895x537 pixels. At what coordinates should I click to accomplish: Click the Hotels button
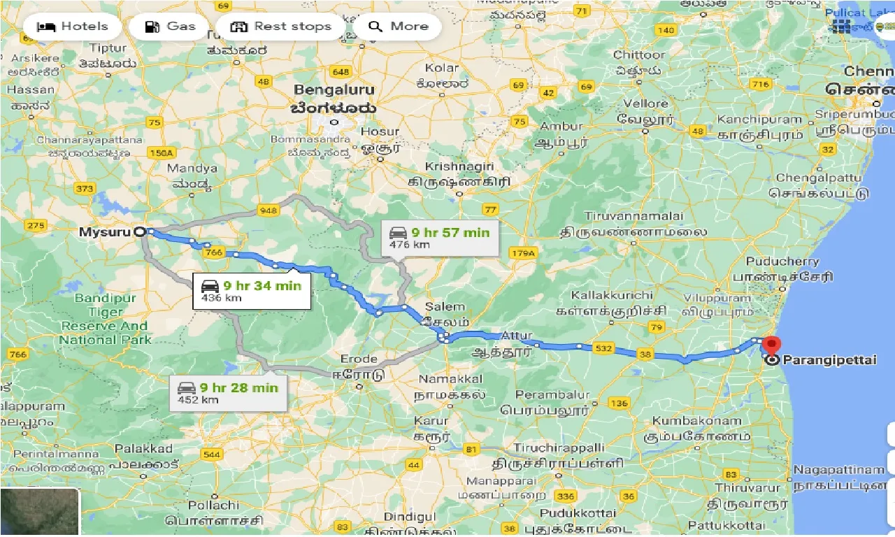click(x=73, y=27)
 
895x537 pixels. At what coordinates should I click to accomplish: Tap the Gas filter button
click(x=170, y=27)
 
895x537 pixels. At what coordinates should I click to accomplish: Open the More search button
click(x=398, y=27)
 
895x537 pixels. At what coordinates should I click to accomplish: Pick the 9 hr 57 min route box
click(x=440, y=238)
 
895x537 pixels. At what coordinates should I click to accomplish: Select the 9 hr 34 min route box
click(x=251, y=291)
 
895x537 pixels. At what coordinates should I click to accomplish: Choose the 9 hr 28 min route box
click(x=228, y=393)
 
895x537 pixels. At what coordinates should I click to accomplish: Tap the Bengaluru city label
click(x=334, y=90)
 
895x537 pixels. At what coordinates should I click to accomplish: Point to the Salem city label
click(x=444, y=306)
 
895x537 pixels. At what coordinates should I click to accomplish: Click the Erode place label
click(x=359, y=359)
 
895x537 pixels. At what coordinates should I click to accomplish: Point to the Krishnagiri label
click(x=460, y=166)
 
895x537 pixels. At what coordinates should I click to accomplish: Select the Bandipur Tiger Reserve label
click(x=104, y=319)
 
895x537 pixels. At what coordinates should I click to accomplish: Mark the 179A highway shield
click(x=522, y=252)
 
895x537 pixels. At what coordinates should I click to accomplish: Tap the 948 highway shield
click(x=268, y=210)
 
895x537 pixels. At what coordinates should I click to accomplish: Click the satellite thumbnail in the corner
click(x=40, y=513)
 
